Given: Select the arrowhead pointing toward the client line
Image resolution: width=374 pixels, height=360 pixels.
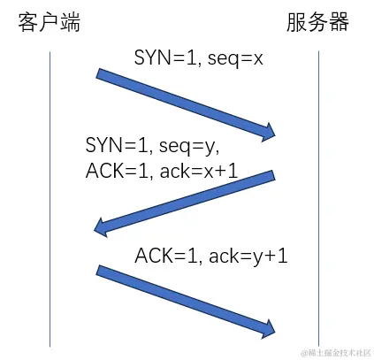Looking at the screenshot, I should tap(102, 228).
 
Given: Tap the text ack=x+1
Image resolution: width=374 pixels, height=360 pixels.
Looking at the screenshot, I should tap(200, 171).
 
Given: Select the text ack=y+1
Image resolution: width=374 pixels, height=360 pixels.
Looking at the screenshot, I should tap(248, 257).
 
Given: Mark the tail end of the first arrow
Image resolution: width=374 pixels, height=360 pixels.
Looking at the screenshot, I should tap(99, 75).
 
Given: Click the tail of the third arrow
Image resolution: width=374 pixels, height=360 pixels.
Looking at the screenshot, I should tap(99, 271).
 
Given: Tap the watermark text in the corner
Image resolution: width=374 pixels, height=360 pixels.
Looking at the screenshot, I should tap(335, 351).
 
